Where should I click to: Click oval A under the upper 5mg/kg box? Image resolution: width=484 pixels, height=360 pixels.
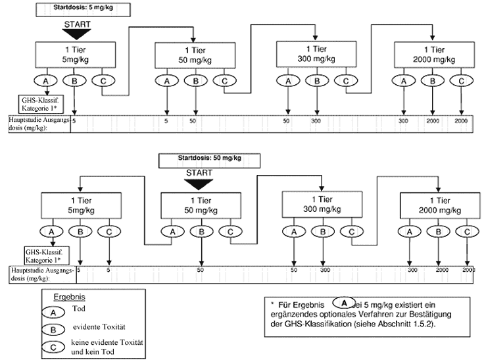click(x=46, y=80)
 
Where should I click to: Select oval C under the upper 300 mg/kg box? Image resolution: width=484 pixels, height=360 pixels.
click(x=344, y=80)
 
